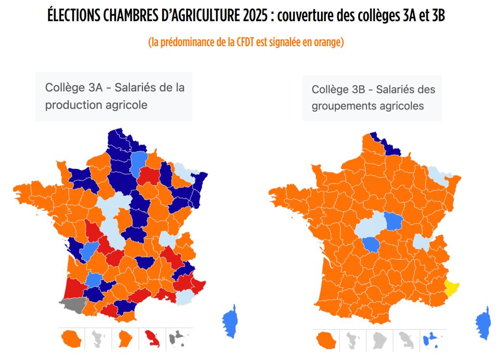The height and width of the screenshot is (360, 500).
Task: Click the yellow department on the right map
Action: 451,287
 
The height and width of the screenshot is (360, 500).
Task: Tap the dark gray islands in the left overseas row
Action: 179,339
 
